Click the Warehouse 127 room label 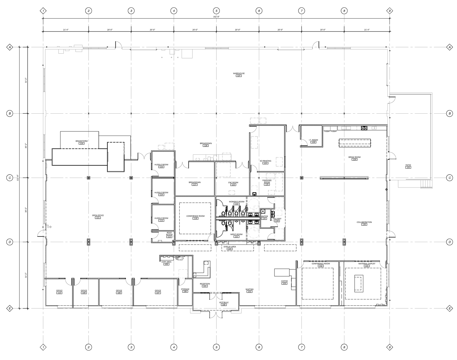tap(239, 74)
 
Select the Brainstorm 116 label tap(81, 142)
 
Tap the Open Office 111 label tap(98, 216)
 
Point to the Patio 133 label tap(408, 166)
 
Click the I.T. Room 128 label tap(313, 141)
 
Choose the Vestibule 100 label tap(224, 304)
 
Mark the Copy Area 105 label tap(166, 263)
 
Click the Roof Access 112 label tap(169, 235)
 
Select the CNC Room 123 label tap(233, 183)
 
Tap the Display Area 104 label tap(230, 248)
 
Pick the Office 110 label tap(59, 292)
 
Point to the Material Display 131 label tap(366, 265)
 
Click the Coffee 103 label tap(284, 282)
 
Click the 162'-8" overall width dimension tap(216, 17)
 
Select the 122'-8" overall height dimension tap(18, 178)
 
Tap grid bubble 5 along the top tap(216, 11)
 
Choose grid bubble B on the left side tap(10, 113)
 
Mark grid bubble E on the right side tap(450, 308)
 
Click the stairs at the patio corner tap(425, 183)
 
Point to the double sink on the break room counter tap(364, 128)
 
